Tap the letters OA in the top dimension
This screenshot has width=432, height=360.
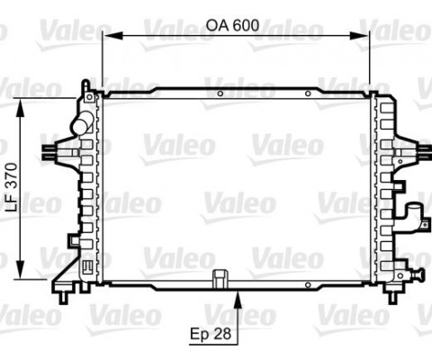click(x=217, y=25)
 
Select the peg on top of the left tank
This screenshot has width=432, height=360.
click(x=85, y=84)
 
